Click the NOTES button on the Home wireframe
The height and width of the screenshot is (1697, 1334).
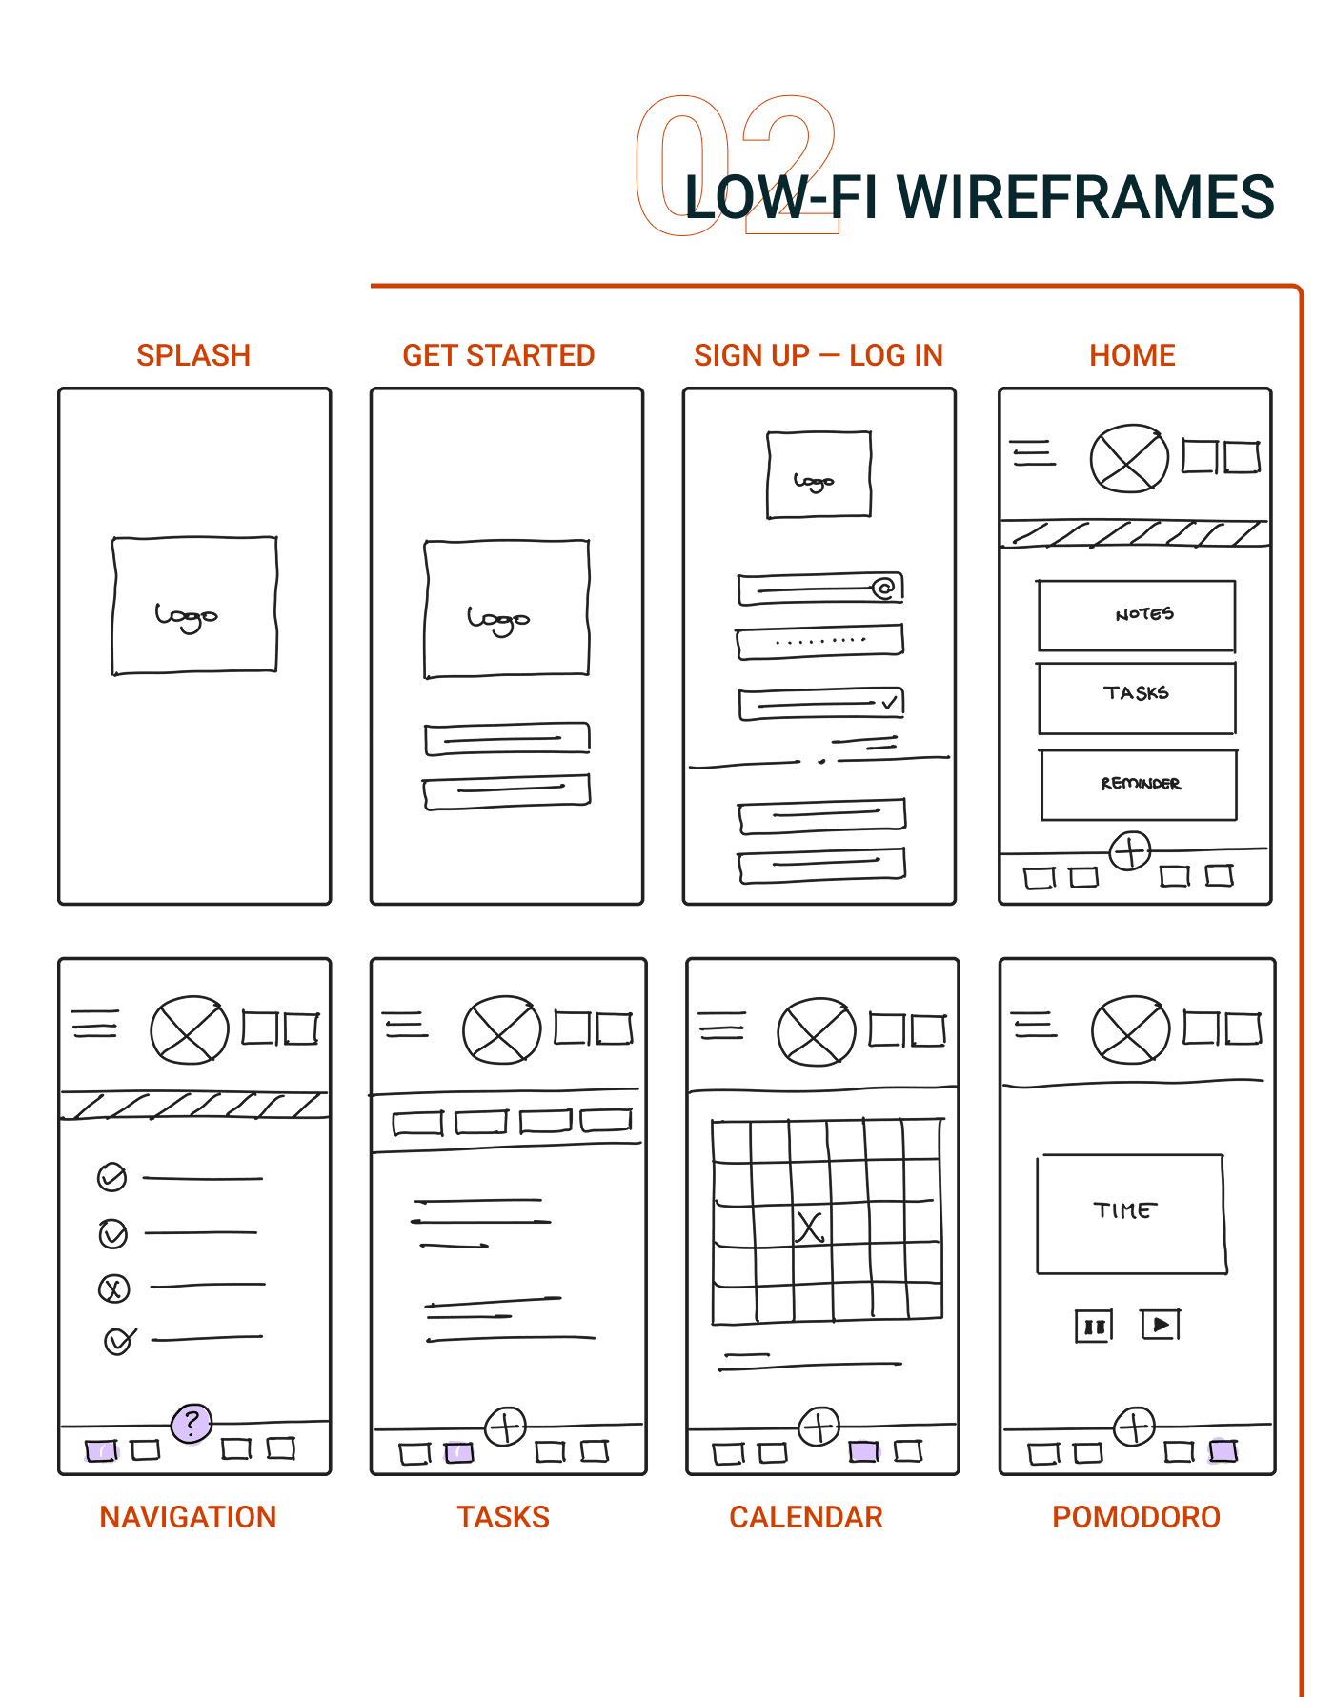pyautogui.click(x=1137, y=616)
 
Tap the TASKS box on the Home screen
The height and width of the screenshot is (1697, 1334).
pyautogui.click(x=1137, y=698)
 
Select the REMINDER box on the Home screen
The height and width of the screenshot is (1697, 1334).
pyautogui.click(x=1139, y=785)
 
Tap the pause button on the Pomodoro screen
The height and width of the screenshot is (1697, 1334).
pyautogui.click(x=1094, y=1326)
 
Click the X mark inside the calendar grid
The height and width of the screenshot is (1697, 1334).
pyautogui.click(x=809, y=1227)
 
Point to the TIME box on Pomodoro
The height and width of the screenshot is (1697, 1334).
pyautogui.click(x=1131, y=1214)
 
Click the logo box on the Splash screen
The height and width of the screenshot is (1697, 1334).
pyautogui.click(x=194, y=606)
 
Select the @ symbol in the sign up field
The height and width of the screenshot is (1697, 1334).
pyautogui.click(x=884, y=588)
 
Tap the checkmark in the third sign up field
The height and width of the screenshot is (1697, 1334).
pyautogui.click(x=889, y=703)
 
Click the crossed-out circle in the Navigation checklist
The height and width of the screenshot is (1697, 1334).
pyautogui.click(x=113, y=1289)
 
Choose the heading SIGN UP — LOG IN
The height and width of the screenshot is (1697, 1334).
pyautogui.click(x=818, y=355)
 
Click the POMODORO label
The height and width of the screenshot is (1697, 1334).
pyautogui.click(x=1136, y=1517)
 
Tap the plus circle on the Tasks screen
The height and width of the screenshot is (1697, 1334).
pyautogui.click(x=506, y=1427)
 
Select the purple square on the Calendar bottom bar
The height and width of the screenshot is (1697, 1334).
pyautogui.click(x=863, y=1451)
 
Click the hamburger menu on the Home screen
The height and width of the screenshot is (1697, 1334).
pyautogui.click(x=1033, y=453)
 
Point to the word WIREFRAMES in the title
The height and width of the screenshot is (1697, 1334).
pyautogui.click(x=1085, y=197)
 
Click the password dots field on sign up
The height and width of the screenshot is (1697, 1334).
pyautogui.click(x=819, y=641)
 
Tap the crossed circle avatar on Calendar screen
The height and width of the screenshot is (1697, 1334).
pyautogui.click(x=816, y=1031)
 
